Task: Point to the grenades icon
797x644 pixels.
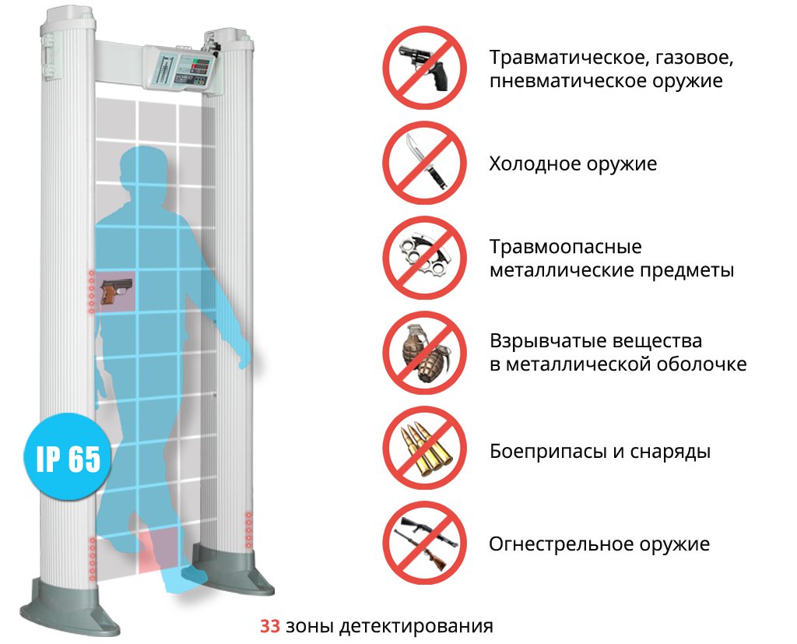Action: pyautogui.click(x=425, y=353)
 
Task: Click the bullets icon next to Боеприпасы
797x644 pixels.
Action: pyautogui.click(x=426, y=449)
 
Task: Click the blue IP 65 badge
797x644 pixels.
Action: pyautogui.click(x=68, y=456)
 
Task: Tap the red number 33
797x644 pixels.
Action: pyautogui.click(x=270, y=625)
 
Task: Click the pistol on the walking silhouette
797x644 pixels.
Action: pyautogui.click(x=117, y=291)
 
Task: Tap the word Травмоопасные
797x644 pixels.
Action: pyautogui.click(x=565, y=247)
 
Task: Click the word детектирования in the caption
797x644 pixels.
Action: pyautogui.click(x=416, y=626)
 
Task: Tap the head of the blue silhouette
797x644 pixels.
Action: pyautogui.click(x=143, y=171)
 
